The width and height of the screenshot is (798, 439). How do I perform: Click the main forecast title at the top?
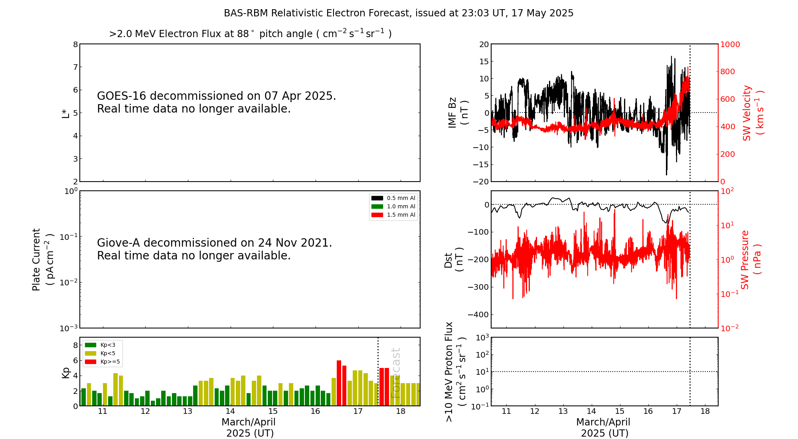coord(399,13)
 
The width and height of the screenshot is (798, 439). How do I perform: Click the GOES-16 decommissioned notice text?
coord(217,102)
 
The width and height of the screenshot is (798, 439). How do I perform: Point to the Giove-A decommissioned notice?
coord(215,249)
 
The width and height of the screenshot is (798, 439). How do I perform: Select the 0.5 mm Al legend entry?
coord(393,198)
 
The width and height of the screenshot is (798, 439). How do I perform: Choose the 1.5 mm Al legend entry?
coord(393,215)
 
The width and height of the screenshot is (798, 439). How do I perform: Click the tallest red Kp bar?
coord(339,383)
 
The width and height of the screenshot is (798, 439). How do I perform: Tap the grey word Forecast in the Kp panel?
coord(395,373)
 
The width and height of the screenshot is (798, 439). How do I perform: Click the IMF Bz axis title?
coord(458,113)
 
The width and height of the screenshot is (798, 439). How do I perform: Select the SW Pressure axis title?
coord(751,259)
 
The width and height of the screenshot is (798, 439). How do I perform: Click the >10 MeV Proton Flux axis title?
coord(455,372)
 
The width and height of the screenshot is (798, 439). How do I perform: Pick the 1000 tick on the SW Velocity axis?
coord(730,44)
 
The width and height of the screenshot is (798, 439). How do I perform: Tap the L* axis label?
coord(65,113)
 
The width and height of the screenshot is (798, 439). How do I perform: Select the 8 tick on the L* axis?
coord(75,44)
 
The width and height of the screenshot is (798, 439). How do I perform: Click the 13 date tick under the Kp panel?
coord(188,411)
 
